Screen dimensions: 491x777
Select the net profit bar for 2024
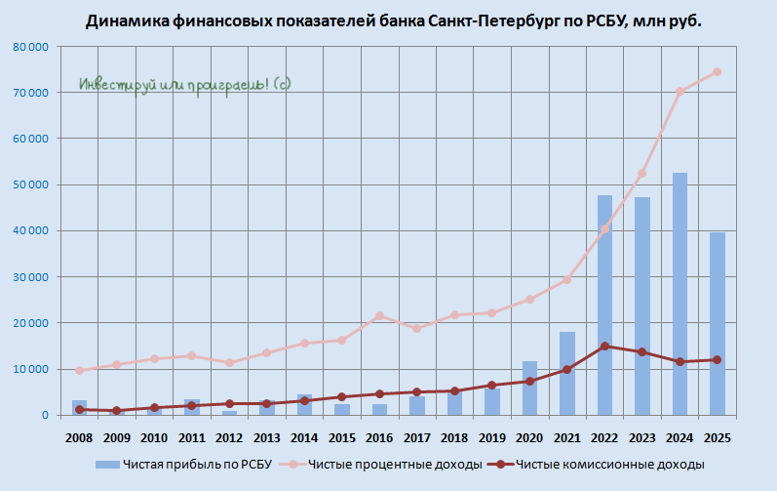click(680, 294)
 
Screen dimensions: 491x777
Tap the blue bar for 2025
click(718, 323)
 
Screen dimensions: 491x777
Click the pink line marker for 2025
click(718, 71)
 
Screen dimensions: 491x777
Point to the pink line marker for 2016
click(380, 315)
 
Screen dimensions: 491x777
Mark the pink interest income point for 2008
click(80, 370)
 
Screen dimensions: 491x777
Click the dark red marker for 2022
click(605, 346)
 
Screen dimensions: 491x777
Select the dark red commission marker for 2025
click(718, 359)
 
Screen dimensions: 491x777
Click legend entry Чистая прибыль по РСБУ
click(195, 464)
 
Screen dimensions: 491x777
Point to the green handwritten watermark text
click(185, 85)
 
